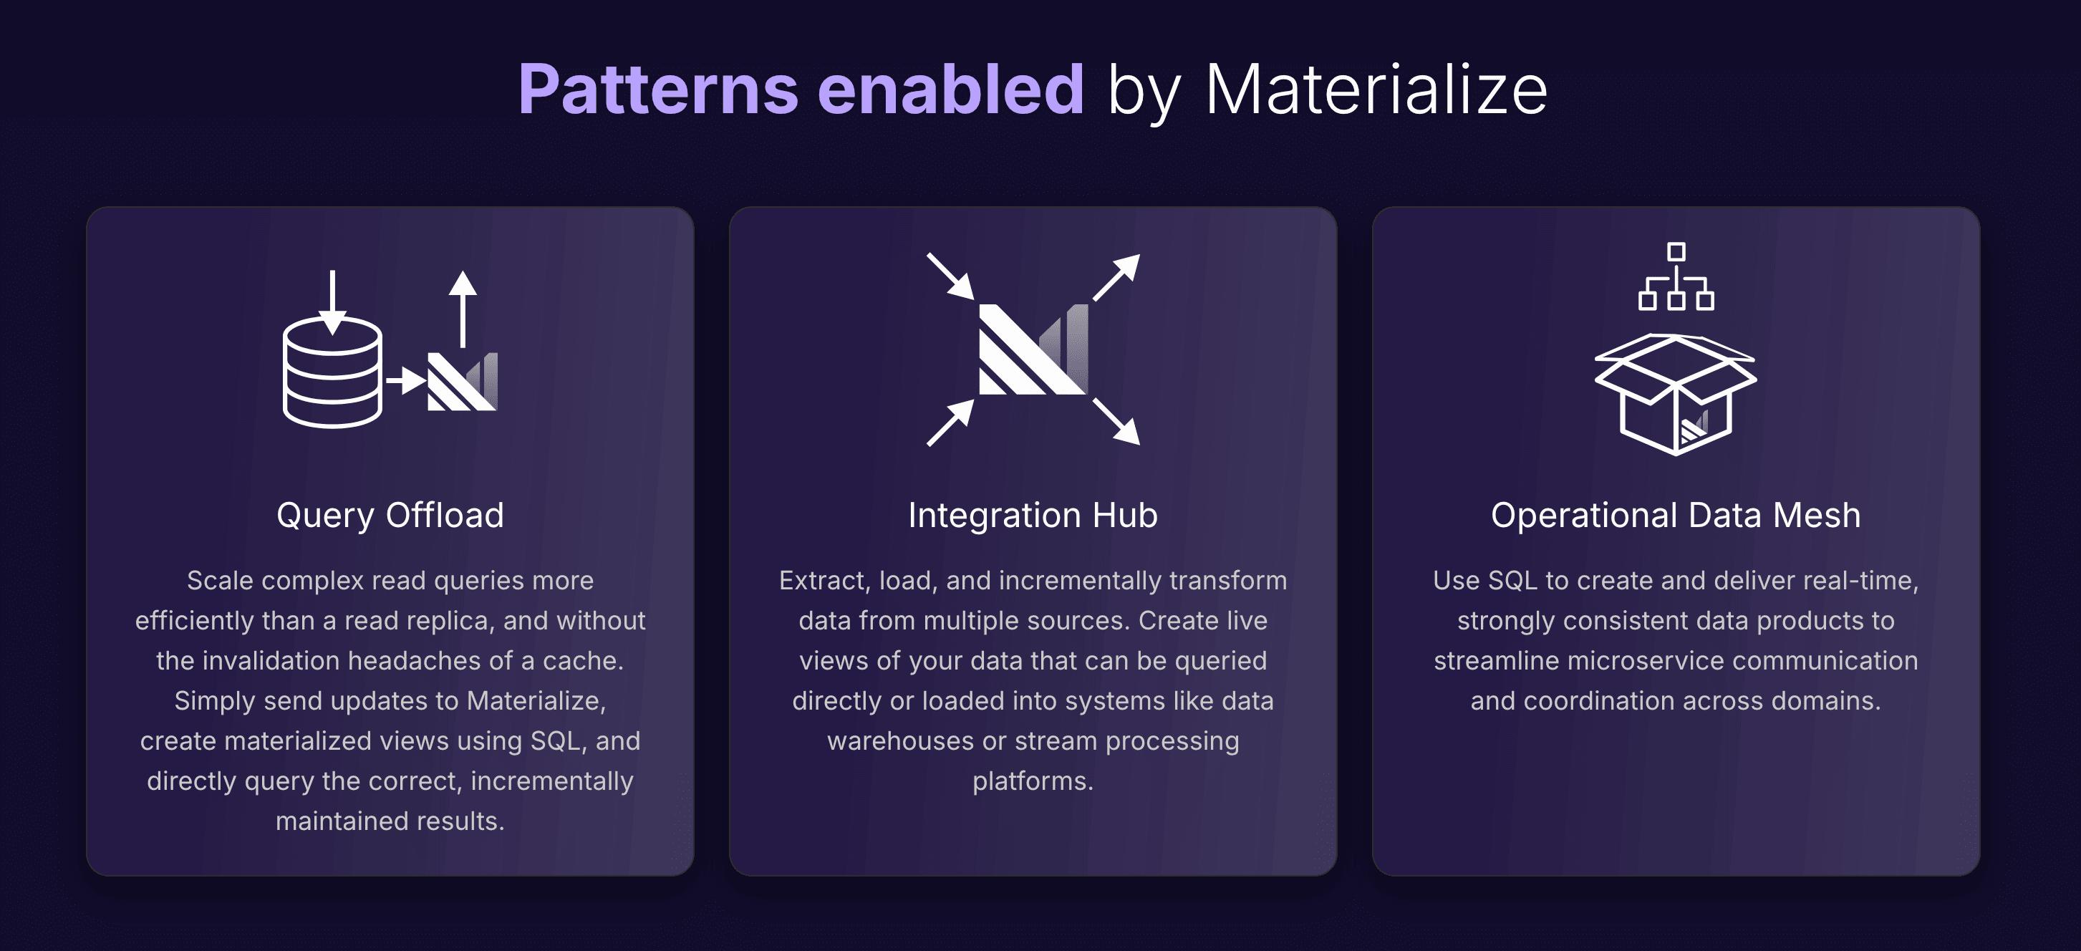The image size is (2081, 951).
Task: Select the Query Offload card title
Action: coord(390,516)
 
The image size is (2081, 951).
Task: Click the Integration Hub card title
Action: coord(1033,516)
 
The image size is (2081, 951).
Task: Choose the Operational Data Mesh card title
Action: coord(1676,516)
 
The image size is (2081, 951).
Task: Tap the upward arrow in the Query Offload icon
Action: coord(463,307)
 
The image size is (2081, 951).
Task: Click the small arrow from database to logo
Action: coord(405,379)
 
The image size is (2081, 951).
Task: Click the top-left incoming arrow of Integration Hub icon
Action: coord(950,276)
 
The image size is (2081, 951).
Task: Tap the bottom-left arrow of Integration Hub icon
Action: coord(950,423)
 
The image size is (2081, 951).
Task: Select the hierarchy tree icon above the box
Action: coord(1676,276)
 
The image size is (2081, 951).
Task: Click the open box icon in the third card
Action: coord(1676,395)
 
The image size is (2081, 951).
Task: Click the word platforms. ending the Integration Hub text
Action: coord(1033,781)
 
